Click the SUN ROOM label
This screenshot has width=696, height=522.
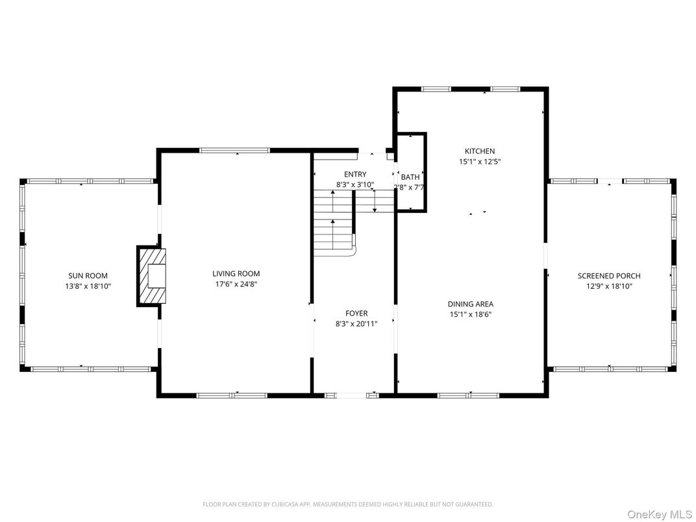[x=88, y=276]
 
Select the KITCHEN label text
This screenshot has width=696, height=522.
[x=479, y=151]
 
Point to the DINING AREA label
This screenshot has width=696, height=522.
[x=470, y=304]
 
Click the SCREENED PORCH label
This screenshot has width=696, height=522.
[x=609, y=276]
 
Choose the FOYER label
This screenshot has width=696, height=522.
[x=356, y=314]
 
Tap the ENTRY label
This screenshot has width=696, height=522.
[x=355, y=174]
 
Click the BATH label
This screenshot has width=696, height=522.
[x=410, y=177]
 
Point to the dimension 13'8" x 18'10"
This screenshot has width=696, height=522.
[x=88, y=286]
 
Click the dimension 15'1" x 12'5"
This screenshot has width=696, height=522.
[x=479, y=162]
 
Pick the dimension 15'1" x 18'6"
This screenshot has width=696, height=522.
[x=470, y=314]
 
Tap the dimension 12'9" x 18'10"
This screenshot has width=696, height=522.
[x=609, y=286]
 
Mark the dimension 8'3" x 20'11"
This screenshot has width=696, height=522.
[x=356, y=323]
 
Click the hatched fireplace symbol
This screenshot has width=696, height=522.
[x=150, y=275]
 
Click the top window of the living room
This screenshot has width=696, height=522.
[x=234, y=151]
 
